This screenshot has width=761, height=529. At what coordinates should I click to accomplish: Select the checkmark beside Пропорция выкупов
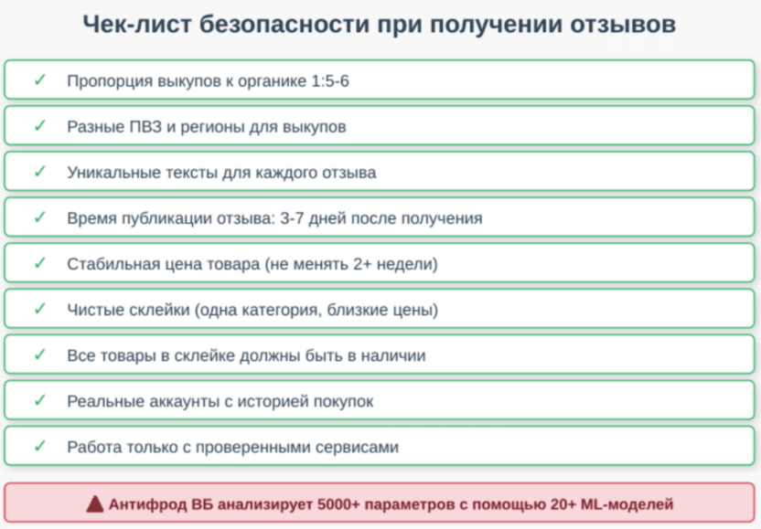[x=39, y=80]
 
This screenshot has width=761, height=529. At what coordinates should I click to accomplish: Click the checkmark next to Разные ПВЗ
[x=39, y=126]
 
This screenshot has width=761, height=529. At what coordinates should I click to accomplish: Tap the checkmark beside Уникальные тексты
[x=39, y=172]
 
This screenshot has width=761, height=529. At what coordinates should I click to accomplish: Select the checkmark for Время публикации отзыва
[x=39, y=218]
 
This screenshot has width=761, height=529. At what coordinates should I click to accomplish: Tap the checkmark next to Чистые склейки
[x=39, y=310]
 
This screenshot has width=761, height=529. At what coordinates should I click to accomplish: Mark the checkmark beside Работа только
[x=39, y=447]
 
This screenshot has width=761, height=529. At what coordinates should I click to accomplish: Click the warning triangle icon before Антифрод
[x=95, y=503]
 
